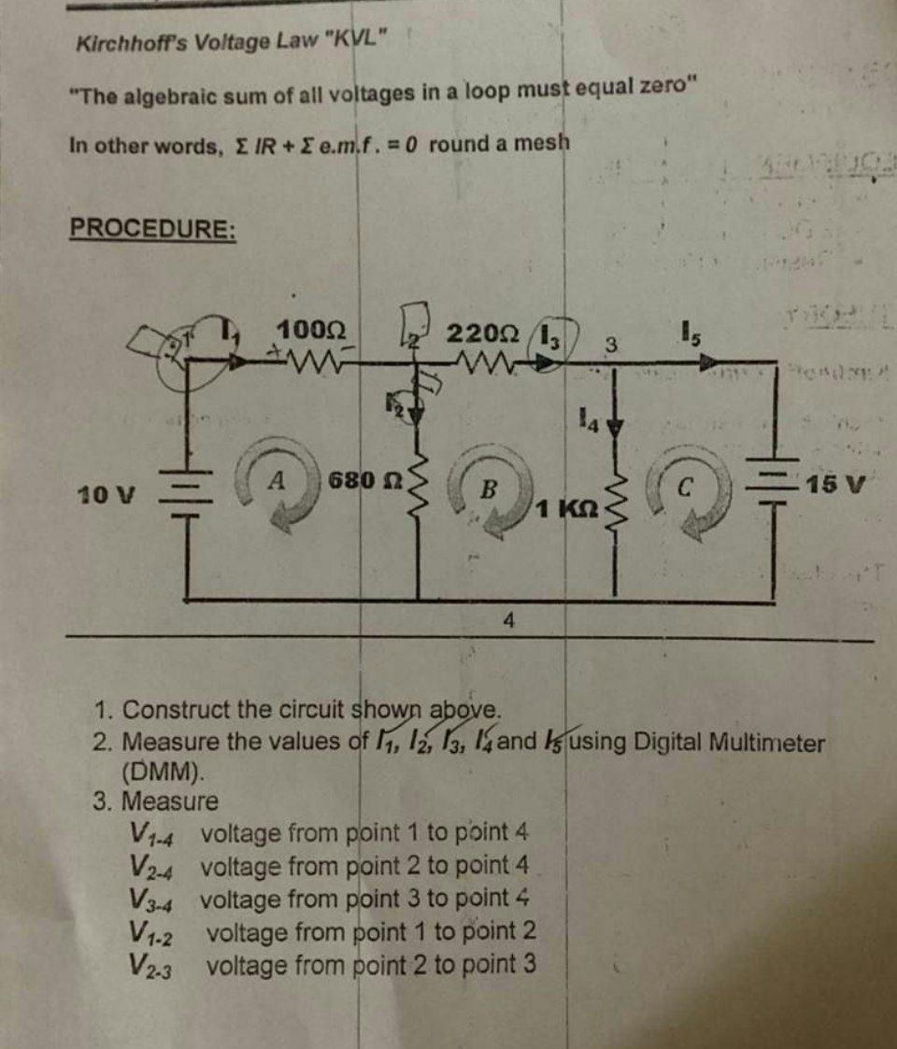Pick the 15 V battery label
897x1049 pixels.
pyautogui.click(x=837, y=487)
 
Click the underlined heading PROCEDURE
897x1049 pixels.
pyautogui.click(x=153, y=229)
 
